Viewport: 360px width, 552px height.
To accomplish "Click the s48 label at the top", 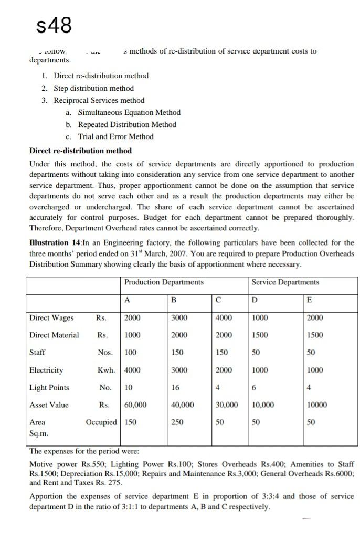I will [x=52, y=24].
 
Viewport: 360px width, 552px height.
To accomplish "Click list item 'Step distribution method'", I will [x=94, y=88].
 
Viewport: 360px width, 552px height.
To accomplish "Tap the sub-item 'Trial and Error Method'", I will [x=116, y=136].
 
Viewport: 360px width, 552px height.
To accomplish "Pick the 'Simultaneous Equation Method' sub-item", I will [x=129, y=112].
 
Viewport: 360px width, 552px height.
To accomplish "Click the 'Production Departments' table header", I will [x=164, y=282].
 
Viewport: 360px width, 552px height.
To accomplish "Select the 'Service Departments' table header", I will [x=285, y=282].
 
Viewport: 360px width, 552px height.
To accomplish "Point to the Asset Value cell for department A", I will [x=135, y=405].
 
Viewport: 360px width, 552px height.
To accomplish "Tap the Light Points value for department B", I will [x=176, y=388].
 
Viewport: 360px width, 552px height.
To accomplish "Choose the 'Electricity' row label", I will [x=46, y=370].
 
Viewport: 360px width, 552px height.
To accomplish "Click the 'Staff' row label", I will [x=37, y=353].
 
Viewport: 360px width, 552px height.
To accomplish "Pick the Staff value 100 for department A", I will [x=131, y=353].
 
